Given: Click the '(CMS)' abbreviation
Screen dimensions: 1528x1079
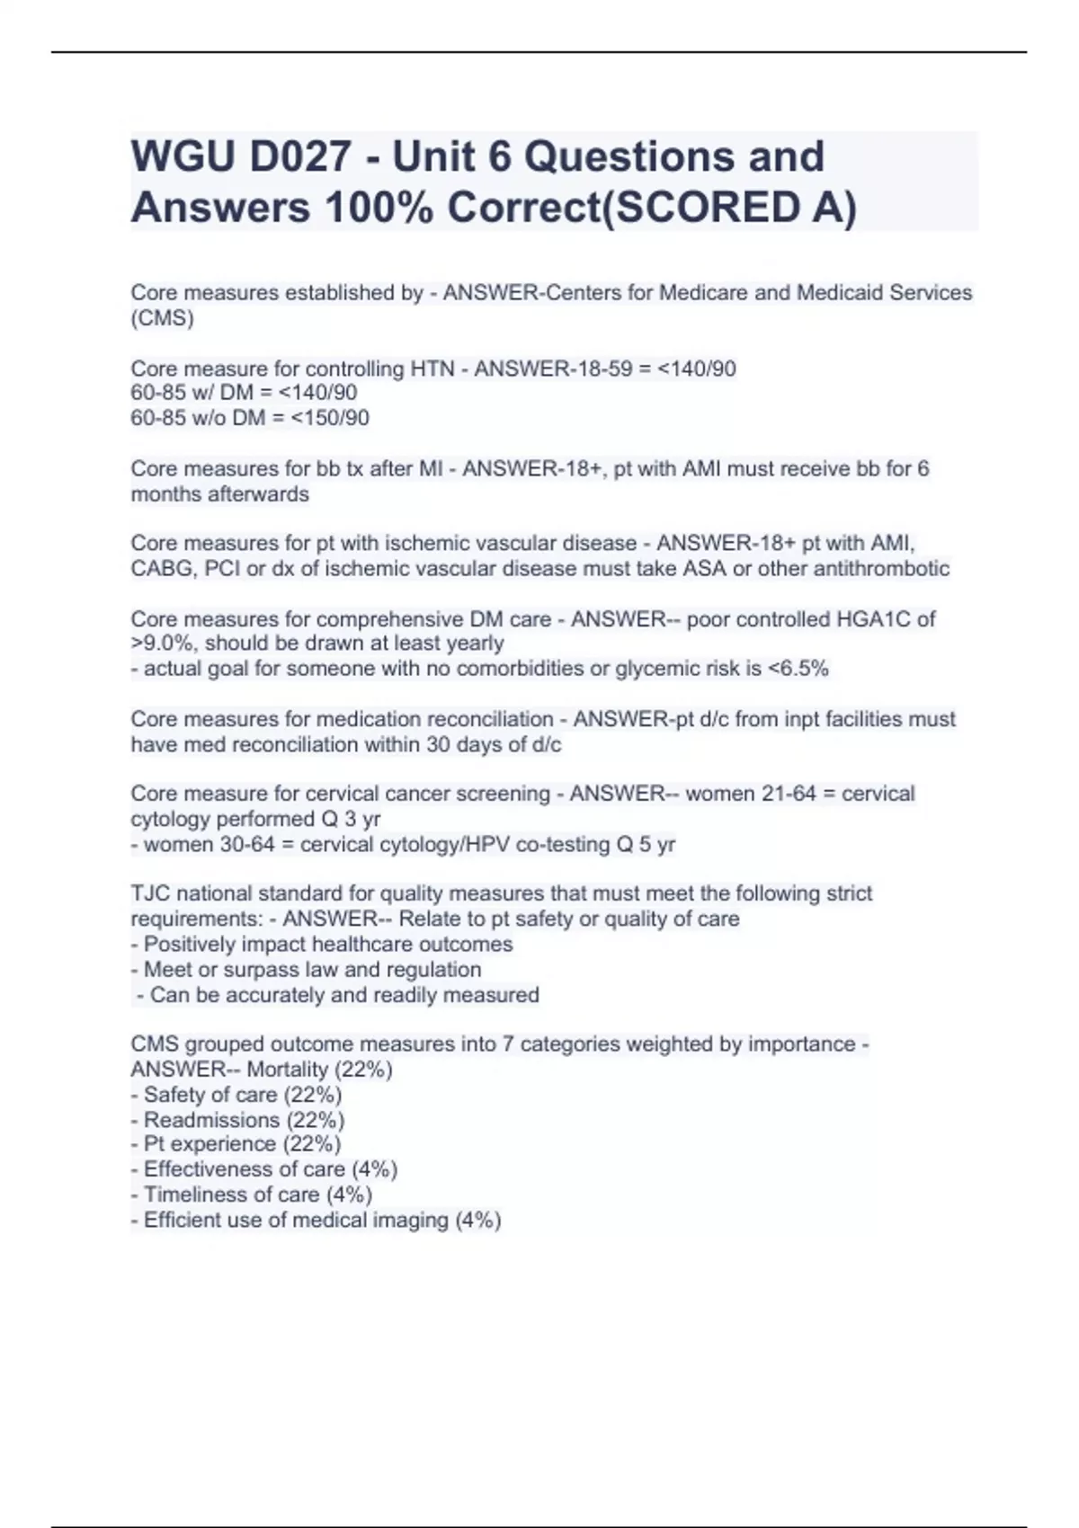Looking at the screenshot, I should [162, 318].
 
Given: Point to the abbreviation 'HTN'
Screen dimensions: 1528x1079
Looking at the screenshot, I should [432, 369].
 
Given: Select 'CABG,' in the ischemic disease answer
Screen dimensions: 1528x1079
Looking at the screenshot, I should [163, 569].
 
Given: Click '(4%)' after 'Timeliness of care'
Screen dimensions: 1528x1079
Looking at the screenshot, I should [349, 1195].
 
